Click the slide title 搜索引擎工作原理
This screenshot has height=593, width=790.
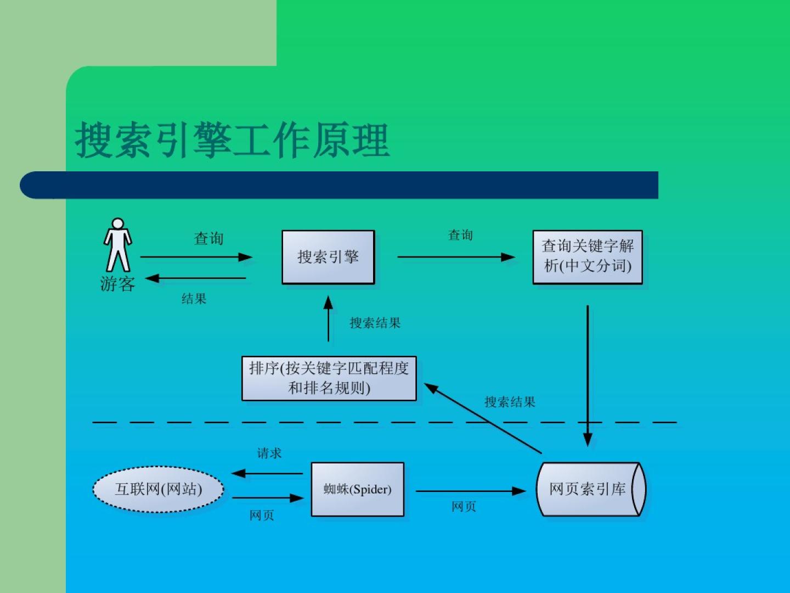232,141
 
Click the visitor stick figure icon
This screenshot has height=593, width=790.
118,245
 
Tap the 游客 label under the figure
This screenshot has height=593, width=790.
117,284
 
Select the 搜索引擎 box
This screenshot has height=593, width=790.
328,257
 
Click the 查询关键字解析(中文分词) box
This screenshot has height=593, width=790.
588,257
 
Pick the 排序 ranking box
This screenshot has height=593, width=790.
329,378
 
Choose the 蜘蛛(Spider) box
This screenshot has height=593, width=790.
358,489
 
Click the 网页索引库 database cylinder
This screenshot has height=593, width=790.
590,489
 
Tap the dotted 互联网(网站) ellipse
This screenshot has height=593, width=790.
158,489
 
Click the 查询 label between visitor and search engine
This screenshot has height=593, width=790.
208,238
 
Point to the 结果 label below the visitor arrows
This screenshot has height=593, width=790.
194,299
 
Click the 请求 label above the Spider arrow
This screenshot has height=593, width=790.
269,453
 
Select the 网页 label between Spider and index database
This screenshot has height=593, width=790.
464,507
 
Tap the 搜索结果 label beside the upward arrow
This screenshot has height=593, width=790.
375,323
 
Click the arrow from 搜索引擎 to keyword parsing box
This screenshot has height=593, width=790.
455,256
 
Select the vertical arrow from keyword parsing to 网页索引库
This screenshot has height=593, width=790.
588,373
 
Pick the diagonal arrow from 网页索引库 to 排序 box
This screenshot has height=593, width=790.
483,418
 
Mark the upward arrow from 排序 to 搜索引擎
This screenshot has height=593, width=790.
328,319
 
